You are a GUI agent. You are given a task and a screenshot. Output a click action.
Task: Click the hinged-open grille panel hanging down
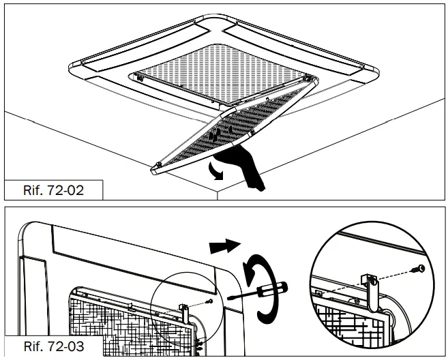(x=232, y=133)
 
